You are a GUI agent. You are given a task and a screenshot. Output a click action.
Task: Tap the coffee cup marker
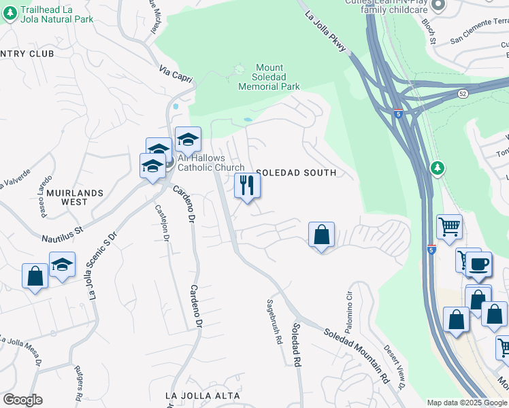point(478,264)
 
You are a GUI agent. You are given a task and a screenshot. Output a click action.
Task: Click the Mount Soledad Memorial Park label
point(269,78)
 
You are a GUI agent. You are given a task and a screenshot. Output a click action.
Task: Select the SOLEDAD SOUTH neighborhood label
point(296,173)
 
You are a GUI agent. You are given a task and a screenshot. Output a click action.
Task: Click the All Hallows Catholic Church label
point(211,163)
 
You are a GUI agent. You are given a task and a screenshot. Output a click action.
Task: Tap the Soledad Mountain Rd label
point(356,355)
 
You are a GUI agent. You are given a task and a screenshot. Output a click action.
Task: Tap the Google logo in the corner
point(22,400)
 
